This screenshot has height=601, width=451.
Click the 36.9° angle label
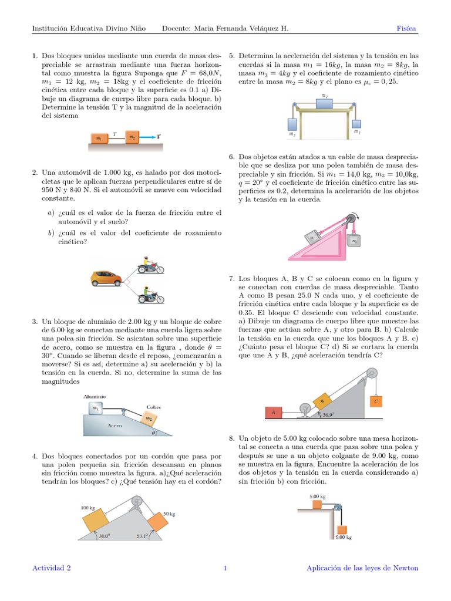pos(328,415)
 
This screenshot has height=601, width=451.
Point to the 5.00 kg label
pos(317,496)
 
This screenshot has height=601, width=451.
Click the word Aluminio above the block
pos(94,397)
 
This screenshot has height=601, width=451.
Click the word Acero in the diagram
pos(115,424)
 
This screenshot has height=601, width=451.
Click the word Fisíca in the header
pos(407,29)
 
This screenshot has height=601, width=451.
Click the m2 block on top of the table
pos(325,103)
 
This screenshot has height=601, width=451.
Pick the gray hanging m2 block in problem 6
pos(354,241)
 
